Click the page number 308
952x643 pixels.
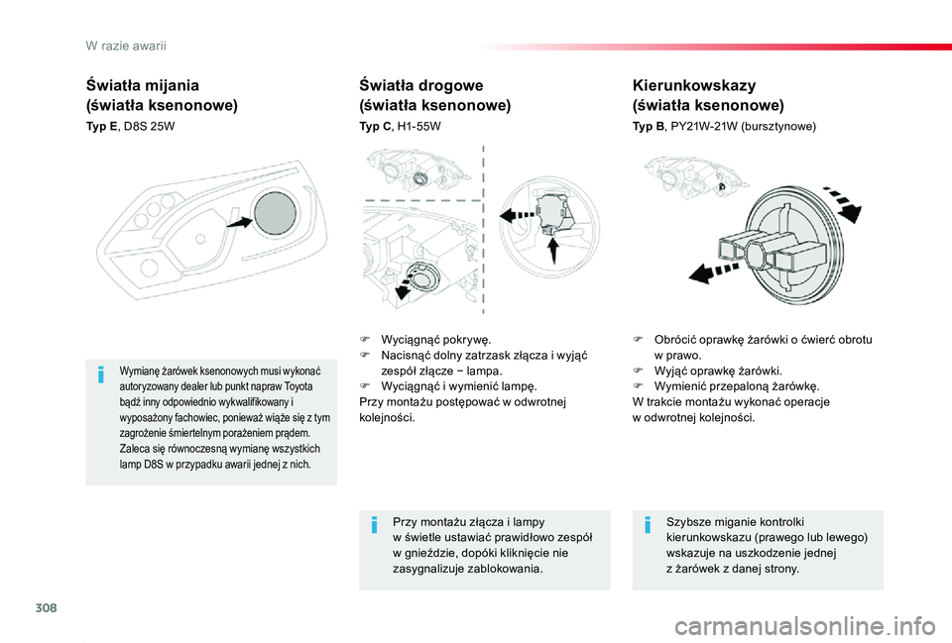(x=47, y=607)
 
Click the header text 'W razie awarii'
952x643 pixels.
(x=126, y=47)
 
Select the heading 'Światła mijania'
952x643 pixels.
(x=143, y=85)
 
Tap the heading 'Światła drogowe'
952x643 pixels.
(x=421, y=85)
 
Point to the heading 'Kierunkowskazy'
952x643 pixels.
(x=694, y=85)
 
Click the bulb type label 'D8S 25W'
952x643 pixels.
(x=149, y=127)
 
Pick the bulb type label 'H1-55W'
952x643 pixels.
(x=418, y=127)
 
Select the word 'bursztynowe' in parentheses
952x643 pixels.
(x=778, y=127)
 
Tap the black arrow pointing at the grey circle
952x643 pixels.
(x=239, y=223)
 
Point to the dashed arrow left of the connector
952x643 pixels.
(x=518, y=215)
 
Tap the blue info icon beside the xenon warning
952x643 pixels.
(x=101, y=375)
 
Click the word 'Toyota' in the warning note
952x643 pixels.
(x=298, y=386)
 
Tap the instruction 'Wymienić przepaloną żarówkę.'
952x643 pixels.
(x=737, y=386)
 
